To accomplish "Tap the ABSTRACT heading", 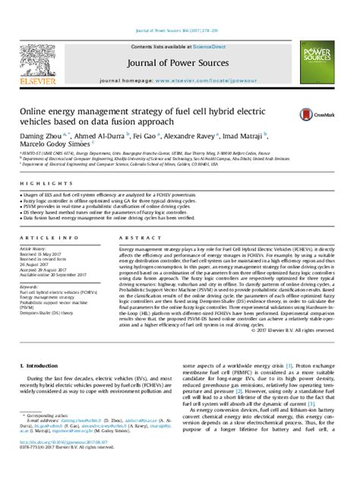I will (133, 237).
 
